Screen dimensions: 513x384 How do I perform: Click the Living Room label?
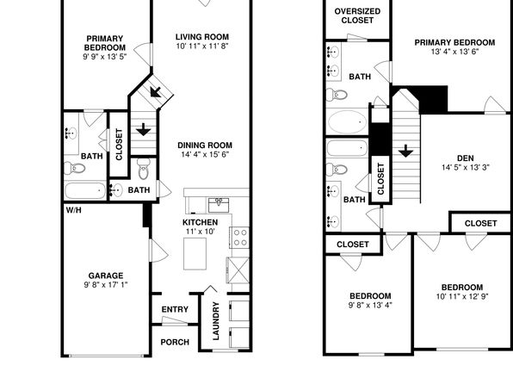pyautogui.click(x=202, y=37)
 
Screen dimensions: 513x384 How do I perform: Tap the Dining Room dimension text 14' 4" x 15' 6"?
pyautogui.click(x=205, y=154)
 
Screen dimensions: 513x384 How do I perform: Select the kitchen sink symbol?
pyautogui.click(x=219, y=205)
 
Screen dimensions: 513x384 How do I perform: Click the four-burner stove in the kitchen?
pyautogui.click(x=240, y=238)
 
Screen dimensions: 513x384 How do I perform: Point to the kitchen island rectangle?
pyautogui.click(x=195, y=254)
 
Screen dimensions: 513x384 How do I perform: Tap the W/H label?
pyautogui.click(x=74, y=210)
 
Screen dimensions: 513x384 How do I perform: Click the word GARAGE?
pyautogui.click(x=106, y=276)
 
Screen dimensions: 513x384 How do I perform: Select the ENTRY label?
pyautogui.click(x=175, y=309)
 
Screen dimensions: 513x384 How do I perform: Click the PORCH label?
pyautogui.click(x=175, y=342)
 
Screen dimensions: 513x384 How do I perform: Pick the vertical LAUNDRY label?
pyautogui.click(x=216, y=321)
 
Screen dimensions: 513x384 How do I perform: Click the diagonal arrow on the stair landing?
pyautogui.click(x=156, y=91)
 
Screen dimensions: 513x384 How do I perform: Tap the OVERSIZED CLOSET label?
pyautogui.click(x=357, y=15)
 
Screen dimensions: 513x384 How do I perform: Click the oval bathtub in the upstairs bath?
pyautogui.click(x=347, y=121)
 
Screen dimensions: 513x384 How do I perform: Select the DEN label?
pyautogui.click(x=466, y=158)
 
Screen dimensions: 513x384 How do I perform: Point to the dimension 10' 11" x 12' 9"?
pyautogui.click(x=462, y=296)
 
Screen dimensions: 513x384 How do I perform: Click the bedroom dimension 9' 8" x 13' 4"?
pyautogui.click(x=370, y=305)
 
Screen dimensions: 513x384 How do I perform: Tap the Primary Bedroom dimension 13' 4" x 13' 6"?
pyautogui.click(x=454, y=52)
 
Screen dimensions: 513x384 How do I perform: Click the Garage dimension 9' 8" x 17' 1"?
pyautogui.click(x=106, y=285)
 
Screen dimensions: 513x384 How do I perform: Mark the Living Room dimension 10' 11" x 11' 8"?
pyautogui.click(x=202, y=46)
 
